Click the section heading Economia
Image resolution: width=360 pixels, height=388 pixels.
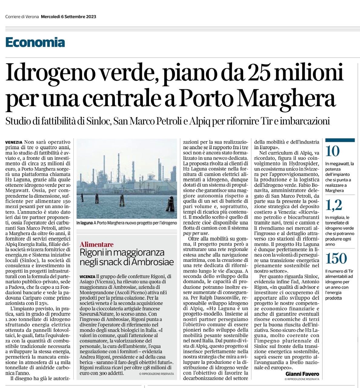tap(35, 42)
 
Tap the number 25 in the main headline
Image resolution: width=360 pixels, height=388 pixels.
tap(259, 74)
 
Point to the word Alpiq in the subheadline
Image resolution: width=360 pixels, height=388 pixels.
tap(200, 122)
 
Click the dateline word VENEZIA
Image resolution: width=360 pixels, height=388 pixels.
tap(14, 142)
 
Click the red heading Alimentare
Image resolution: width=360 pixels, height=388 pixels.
tap(97, 244)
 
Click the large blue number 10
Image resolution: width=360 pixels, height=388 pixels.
tap(333, 151)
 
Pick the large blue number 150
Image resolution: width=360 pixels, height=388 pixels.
tap(336, 259)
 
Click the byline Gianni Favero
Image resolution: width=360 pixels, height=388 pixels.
tap(302, 374)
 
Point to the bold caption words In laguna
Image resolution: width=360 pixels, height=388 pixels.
tap(85, 223)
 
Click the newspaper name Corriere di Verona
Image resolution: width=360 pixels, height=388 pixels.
tap(22, 17)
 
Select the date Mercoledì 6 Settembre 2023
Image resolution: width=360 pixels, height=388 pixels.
tap(68, 17)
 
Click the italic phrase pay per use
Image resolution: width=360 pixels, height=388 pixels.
tap(196, 233)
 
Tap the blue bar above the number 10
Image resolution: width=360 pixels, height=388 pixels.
tap(340, 140)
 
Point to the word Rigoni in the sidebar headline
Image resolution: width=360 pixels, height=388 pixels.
tap(92, 253)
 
